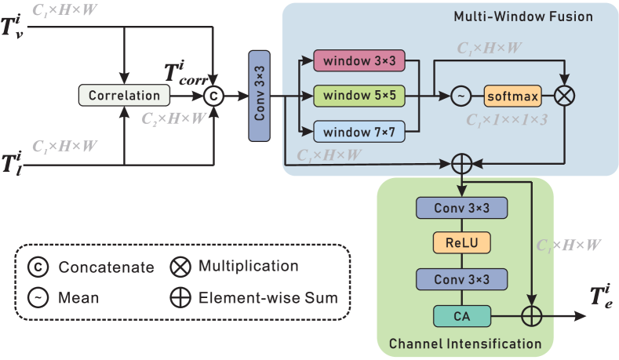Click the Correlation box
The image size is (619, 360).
pos(125,96)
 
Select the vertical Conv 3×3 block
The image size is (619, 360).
pos(260,96)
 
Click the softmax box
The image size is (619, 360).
pos(512,96)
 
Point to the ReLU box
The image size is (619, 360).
pos(462,243)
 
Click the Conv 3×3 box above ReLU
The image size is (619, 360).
pos(462,207)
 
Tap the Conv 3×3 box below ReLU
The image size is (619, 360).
pos(462,279)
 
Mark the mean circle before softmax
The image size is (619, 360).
pos(461,96)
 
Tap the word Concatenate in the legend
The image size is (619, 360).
pos(106,267)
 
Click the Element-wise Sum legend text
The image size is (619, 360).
pos(268,297)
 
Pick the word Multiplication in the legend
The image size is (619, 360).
pos(248,266)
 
